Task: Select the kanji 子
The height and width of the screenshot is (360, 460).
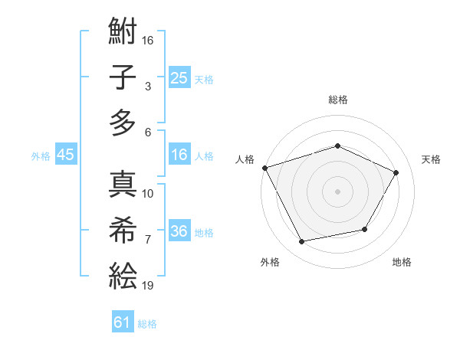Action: pos(123,78)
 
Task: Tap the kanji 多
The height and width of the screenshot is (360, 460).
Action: pos(123,122)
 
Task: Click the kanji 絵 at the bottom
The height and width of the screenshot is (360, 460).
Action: pos(123,274)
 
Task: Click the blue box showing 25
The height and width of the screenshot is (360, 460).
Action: pos(179,78)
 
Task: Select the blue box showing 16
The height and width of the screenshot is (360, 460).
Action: pos(179,155)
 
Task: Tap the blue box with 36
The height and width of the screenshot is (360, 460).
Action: pos(179,231)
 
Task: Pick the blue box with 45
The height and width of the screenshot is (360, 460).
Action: pos(65,155)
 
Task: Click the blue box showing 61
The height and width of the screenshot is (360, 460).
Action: pos(123,322)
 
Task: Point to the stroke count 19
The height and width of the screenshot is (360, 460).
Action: pos(148,286)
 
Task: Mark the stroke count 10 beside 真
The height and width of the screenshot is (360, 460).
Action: pos(148,193)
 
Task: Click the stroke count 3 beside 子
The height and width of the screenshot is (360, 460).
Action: pos(147,87)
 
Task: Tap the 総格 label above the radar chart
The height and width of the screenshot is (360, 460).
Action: pos(337,100)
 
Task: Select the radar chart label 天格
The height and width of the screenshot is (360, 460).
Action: pos(431,159)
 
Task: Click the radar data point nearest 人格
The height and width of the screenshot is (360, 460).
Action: pos(264,168)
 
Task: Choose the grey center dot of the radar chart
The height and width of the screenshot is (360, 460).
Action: pos(337,191)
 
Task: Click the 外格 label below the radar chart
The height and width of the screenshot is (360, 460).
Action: pos(270,262)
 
